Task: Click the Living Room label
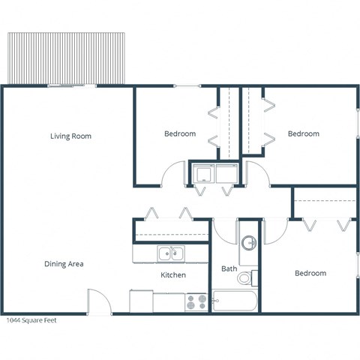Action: (71, 136)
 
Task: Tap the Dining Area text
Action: (63, 264)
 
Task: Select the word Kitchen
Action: (173, 275)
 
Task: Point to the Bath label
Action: (229, 268)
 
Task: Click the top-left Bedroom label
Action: (180, 133)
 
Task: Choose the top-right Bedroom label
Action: (304, 133)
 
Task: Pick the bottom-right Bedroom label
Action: (310, 273)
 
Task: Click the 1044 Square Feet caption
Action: (31, 320)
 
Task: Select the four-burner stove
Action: (197, 302)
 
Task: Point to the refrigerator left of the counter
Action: (141, 301)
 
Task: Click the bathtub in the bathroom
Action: (235, 301)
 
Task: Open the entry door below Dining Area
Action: (99, 302)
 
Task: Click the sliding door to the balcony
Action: (72, 86)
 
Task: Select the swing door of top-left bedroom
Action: (173, 174)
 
